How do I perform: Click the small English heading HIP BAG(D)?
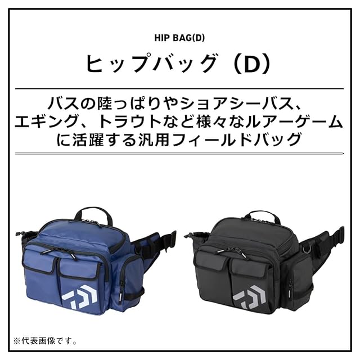pos(179,39)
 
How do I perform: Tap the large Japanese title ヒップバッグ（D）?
pos(179,64)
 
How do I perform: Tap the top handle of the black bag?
pos(262,215)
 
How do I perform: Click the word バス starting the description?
pos(62,103)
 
